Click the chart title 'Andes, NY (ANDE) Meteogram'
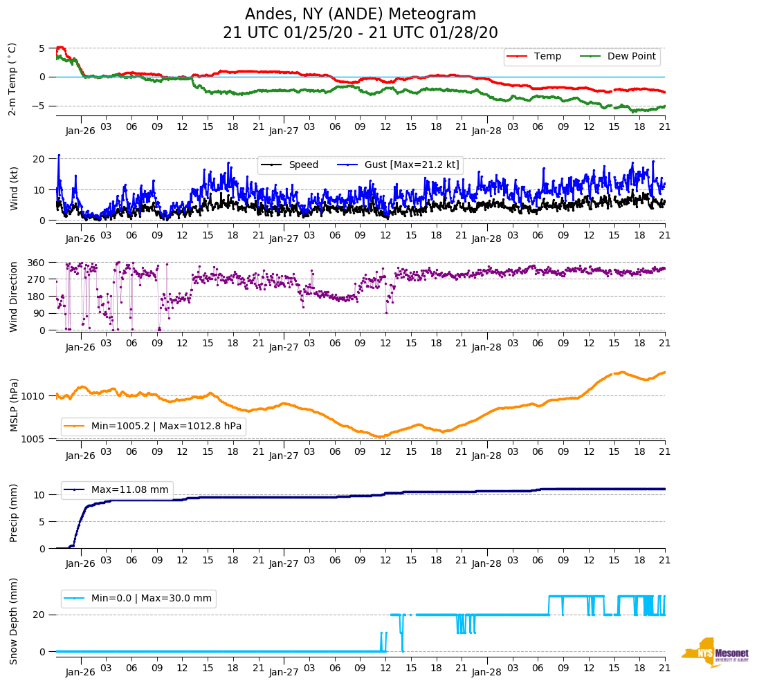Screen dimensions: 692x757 point(360,14)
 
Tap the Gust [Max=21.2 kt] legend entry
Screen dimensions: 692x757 point(412,165)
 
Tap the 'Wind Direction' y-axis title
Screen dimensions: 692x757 point(13,296)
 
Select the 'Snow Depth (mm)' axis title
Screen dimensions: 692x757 point(13,621)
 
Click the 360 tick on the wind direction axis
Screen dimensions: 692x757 point(36,263)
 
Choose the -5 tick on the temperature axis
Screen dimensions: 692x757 point(41,106)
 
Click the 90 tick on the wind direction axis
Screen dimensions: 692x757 point(39,313)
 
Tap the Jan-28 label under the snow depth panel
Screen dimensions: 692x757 point(486,672)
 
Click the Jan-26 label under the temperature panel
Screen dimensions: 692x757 point(81,130)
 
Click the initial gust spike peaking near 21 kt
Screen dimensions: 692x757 point(59,156)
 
